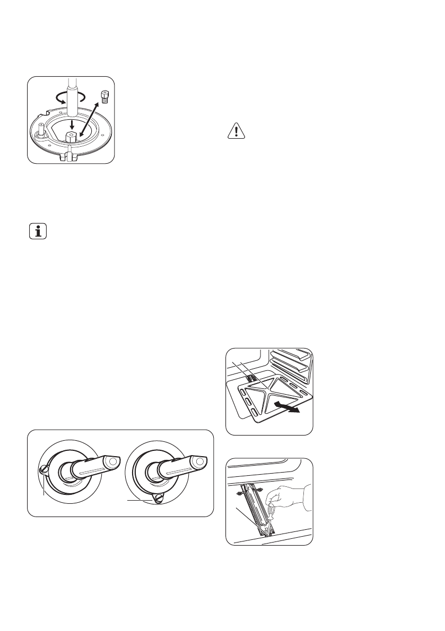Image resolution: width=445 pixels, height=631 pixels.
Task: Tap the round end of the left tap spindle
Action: click(111, 463)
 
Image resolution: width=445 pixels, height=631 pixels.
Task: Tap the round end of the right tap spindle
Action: click(199, 462)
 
